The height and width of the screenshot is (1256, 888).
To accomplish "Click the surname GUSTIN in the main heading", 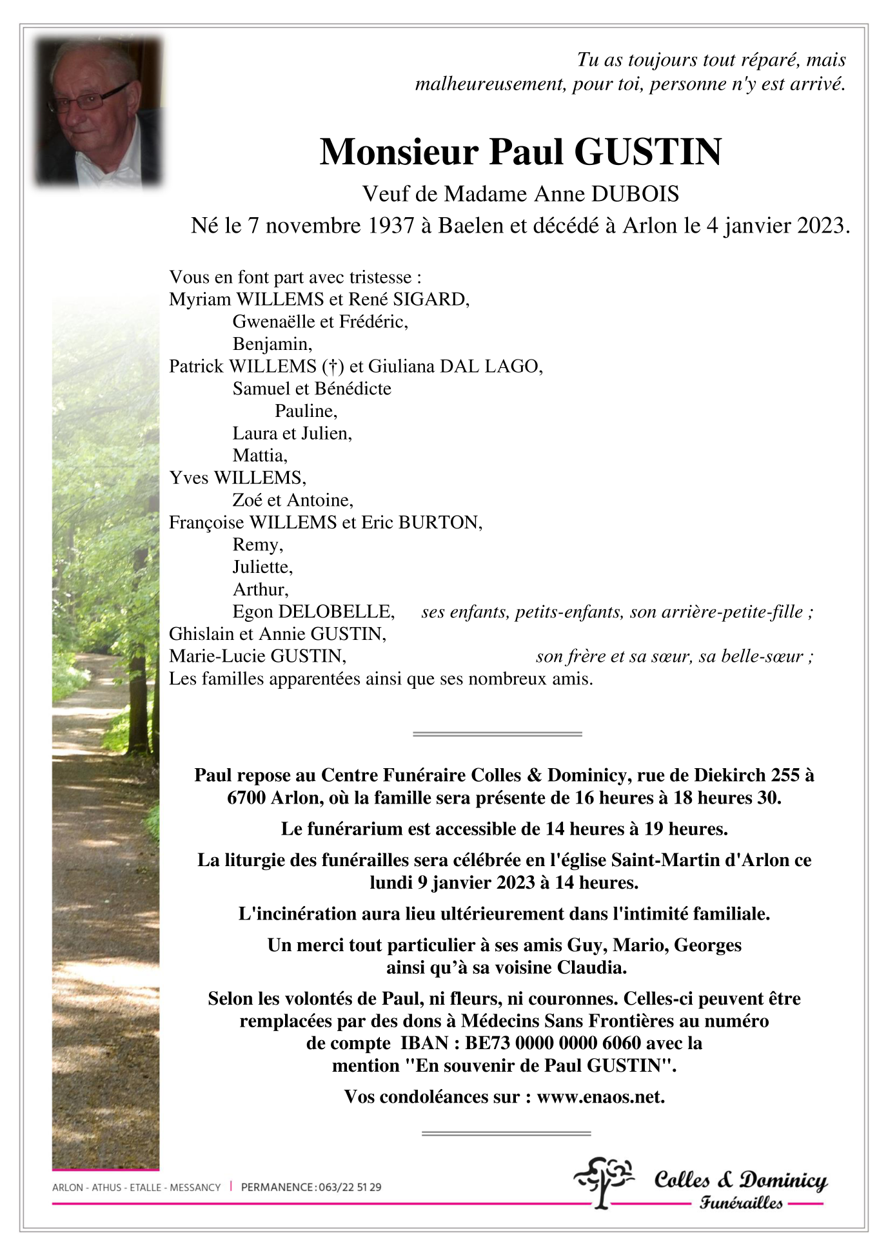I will pyautogui.click(x=647, y=152).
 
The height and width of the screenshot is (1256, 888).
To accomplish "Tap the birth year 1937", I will pyautogui.click(x=391, y=226).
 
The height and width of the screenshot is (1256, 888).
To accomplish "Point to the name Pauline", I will pyautogui.click(x=306, y=411).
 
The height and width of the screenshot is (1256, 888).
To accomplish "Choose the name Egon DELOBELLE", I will pyautogui.click(x=313, y=612).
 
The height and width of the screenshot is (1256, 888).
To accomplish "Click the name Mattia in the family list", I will pyautogui.click(x=260, y=456).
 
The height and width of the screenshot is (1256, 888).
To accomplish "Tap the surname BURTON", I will pyautogui.click(x=439, y=523).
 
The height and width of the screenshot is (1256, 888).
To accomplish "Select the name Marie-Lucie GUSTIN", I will pyautogui.click(x=257, y=656).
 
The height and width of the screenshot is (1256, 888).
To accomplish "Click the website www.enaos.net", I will pyautogui.click(x=600, y=1097).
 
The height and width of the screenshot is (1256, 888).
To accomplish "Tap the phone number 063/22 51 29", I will pyautogui.click(x=350, y=1187).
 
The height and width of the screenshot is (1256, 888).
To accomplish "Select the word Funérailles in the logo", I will pyautogui.click(x=741, y=1203).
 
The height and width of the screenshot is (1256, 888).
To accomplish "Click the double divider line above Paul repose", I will pyautogui.click(x=497, y=733).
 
